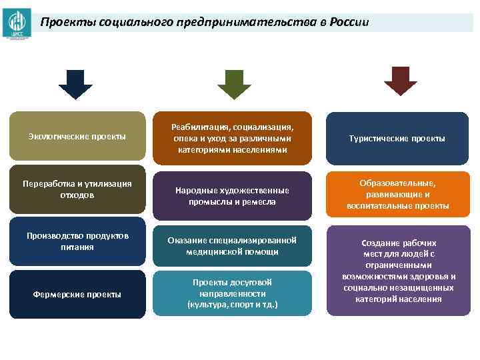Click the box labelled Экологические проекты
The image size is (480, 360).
(x=77, y=137)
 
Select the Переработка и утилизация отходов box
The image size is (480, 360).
(x=77, y=189)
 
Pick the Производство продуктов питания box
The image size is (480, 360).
(x=77, y=241)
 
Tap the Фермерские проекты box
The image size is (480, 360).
(x=77, y=294)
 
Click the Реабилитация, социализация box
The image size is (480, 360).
(x=232, y=138)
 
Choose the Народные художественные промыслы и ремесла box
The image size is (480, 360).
(x=232, y=196)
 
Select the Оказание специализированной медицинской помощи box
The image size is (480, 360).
(x=232, y=246)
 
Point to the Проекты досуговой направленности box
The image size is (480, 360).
(x=232, y=294)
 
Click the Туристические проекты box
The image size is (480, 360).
(x=397, y=139)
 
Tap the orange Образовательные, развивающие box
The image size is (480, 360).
(x=397, y=194)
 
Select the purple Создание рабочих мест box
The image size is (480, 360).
(x=397, y=271)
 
